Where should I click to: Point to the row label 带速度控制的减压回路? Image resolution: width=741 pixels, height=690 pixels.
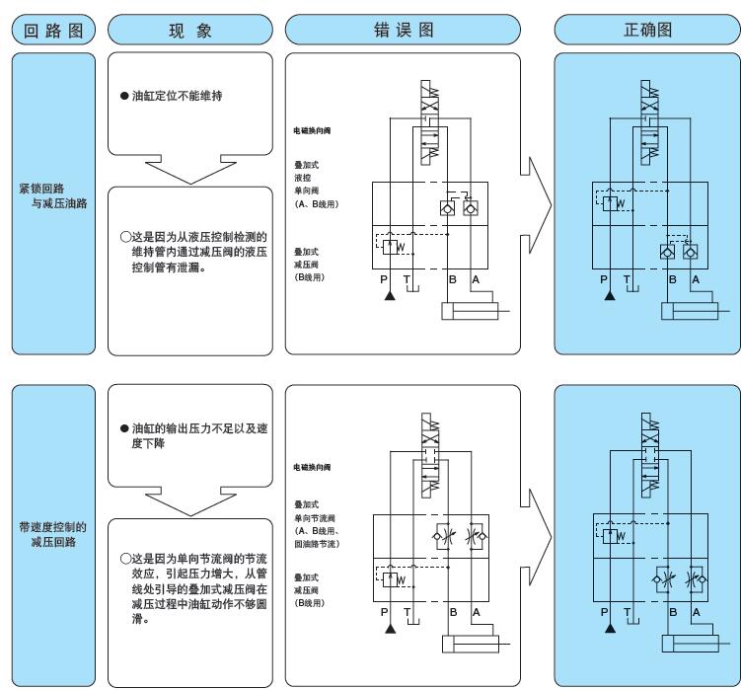pyautogui.click(x=48, y=532)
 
